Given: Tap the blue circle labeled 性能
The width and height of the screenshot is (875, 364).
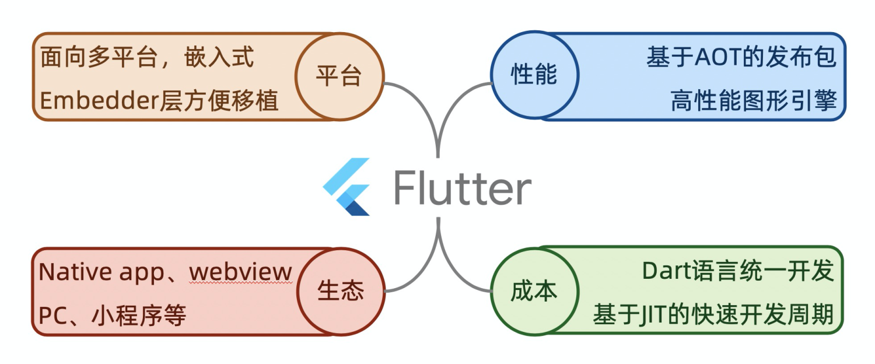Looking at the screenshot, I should (x=534, y=75).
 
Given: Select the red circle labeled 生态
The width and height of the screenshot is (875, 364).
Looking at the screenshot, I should (x=341, y=291).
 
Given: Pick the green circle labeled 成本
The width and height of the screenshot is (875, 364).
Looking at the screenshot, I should (x=534, y=291).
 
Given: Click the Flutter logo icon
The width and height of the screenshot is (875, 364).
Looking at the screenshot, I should (x=348, y=186).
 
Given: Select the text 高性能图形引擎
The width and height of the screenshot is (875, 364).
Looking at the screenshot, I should (x=754, y=101).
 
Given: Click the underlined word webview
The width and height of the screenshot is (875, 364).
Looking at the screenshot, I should (x=240, y=272).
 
